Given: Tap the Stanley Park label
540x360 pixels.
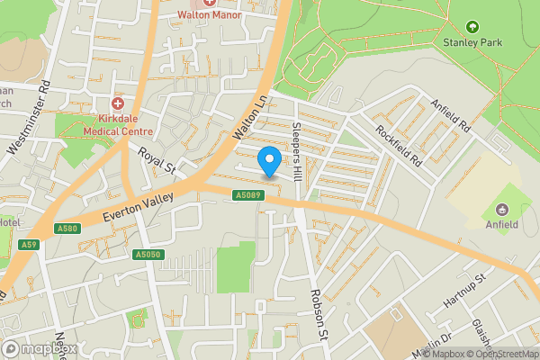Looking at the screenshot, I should [472, 41].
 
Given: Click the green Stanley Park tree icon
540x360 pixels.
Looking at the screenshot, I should [472, 27].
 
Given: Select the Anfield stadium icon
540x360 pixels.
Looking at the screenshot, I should [502, 210].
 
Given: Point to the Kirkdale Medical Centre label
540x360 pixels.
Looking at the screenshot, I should [118, 124].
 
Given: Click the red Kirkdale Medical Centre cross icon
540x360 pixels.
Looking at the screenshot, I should [117, 104].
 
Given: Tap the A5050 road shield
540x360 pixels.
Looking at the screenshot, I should [147, 255].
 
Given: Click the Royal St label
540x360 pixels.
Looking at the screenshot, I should [156, 159].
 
